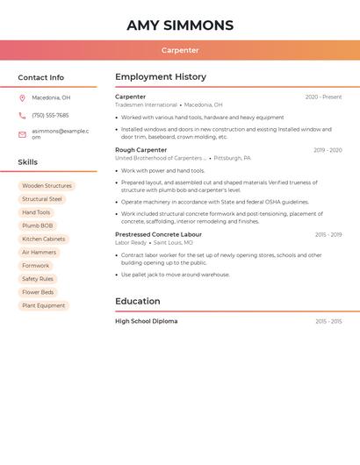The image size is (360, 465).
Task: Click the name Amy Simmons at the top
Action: [180, 25]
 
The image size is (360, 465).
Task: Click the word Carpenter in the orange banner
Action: [180, 51]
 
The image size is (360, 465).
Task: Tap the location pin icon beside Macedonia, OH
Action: [22, 98]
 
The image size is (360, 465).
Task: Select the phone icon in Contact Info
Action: [22, 115]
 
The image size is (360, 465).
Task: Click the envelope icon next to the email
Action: [22, 134]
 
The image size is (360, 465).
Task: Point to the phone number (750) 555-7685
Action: [50, 115]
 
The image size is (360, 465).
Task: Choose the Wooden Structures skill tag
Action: [47, 186]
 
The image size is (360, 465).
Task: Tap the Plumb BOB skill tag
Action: [38, 225]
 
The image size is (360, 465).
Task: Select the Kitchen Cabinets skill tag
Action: [44, 239]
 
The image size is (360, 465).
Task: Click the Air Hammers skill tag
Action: [39, 252]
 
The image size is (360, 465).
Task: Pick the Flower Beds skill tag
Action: [38, 292]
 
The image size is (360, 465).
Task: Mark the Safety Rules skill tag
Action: [38, 279]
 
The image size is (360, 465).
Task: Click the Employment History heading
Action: [161, 77]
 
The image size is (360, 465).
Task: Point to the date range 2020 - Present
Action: [323, 97]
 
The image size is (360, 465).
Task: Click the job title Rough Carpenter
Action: [140, 150]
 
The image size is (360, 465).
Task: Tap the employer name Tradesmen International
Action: [146, 104]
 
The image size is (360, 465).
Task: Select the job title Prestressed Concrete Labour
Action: [158, 234]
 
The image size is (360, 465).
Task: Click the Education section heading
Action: [137, 302]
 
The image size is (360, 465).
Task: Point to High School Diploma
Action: [146, 321]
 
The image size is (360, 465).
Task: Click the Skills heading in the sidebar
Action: [28, 162]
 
